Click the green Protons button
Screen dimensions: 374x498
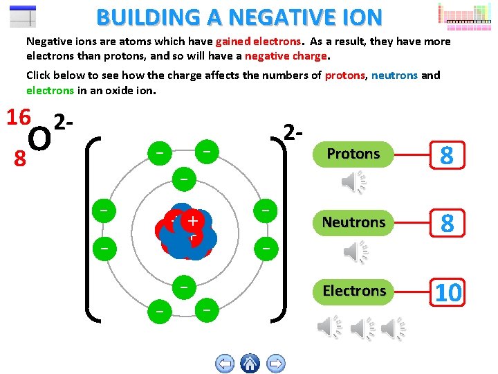[353, 154]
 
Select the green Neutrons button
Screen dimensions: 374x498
[353, 222]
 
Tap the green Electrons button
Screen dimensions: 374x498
[353, 291]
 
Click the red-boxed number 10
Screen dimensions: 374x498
[448, 292]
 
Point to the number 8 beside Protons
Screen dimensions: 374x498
[447, 155]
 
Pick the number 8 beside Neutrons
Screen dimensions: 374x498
[447, 223]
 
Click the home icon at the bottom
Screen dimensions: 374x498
[250, 363]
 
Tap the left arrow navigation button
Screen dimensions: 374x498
[225, 363]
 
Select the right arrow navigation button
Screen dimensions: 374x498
[275, 363]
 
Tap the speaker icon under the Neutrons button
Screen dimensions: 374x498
[353, 251]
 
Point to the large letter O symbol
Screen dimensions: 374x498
[41, 140]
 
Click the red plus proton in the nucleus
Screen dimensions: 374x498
[192, 221]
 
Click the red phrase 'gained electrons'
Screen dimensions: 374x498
[259, 42]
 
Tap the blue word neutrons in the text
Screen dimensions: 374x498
[394, 75]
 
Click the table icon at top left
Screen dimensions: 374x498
[24, 16]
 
